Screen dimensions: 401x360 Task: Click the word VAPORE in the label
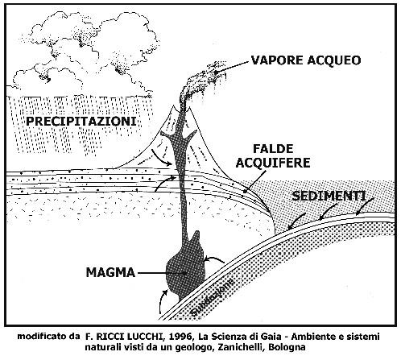pos(278,60)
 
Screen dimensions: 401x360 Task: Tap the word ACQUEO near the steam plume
pos(334,60)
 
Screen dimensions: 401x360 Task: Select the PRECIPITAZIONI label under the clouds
pos(81,122)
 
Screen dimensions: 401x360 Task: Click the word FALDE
pos(273,149)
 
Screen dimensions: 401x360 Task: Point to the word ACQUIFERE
pos(273,163)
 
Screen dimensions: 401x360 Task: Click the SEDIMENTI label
pos(329,196)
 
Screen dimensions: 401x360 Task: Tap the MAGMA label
pos(110,273)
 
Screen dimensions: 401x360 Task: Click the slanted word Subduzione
pos(213,296)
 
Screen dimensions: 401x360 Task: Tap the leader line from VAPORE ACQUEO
pos(232,67)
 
